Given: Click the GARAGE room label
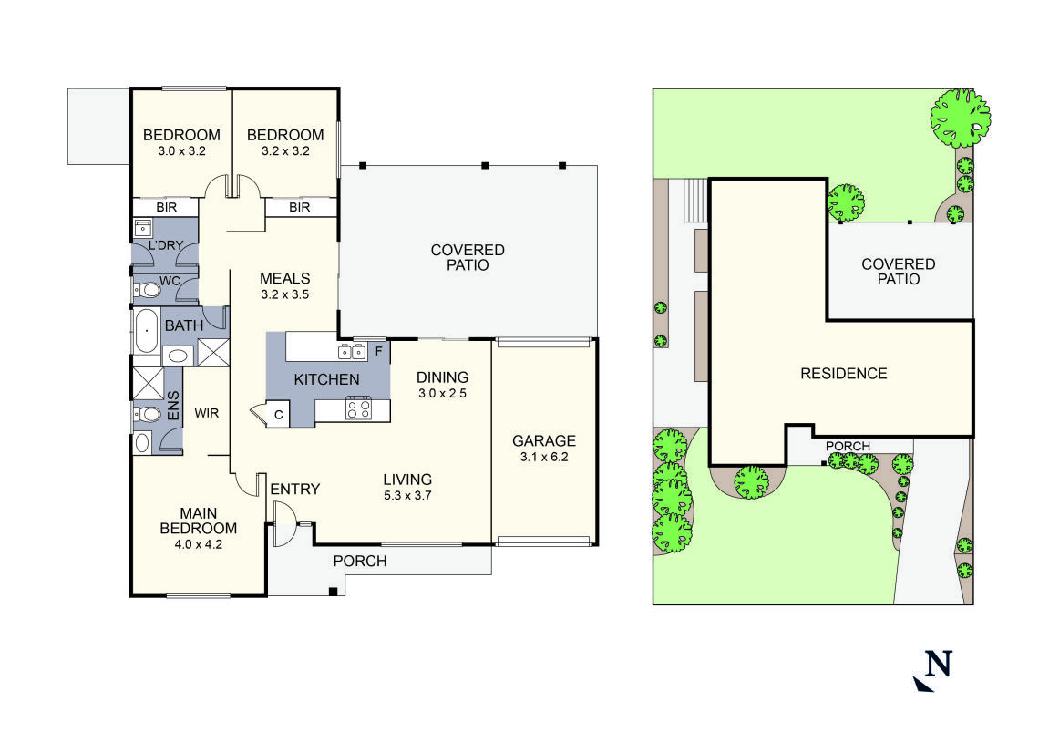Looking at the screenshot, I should pos(544,440).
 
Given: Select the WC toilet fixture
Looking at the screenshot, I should pos(148,291).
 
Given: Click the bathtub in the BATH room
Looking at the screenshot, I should pos(146,331).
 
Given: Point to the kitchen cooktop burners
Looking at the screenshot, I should pos(358,408).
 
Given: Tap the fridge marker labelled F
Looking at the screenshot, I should pos(378,349).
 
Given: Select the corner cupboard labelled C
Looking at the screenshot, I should pos(279,415).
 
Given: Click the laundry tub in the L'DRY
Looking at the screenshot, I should pos(143,227).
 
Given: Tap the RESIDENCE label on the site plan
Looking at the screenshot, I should pos(843,373).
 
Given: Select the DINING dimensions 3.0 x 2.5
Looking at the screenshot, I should pos(442,393).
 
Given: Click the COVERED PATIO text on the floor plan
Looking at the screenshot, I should pos(468,257).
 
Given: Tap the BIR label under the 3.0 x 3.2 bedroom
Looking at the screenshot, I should pos(166,208).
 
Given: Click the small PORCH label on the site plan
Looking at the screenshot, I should pos(848,446).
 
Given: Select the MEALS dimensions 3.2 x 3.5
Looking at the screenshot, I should pos(285,295).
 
